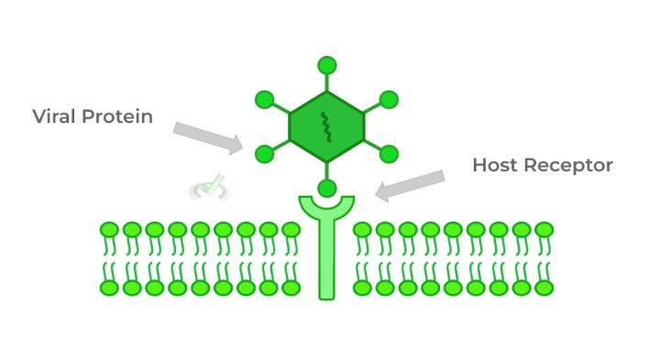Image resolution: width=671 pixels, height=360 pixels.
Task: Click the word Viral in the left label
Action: pos(53,116)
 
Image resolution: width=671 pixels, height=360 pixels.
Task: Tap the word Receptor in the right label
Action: pos(568,165)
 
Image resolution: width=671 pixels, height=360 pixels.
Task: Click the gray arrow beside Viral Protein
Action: pos(208,137)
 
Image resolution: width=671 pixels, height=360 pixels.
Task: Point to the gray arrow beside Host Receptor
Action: pos(410,184)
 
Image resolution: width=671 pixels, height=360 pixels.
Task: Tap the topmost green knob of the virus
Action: pos(327,65)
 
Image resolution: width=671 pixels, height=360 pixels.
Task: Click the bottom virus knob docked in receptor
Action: pos(327,189)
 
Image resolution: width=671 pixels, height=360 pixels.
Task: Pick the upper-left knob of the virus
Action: pos(265,98)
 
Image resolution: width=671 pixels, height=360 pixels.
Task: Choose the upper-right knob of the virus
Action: pos(389,98)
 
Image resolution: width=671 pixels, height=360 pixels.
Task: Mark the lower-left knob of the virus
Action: pos(265,153)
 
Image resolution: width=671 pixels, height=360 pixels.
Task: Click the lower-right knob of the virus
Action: pos(389,153)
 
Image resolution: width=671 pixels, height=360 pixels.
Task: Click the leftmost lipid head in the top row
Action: pos(109,229)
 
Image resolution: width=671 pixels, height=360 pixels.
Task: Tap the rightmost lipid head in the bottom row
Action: pos(544,288)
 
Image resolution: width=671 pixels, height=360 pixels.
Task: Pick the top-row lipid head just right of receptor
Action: pos(363,229)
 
